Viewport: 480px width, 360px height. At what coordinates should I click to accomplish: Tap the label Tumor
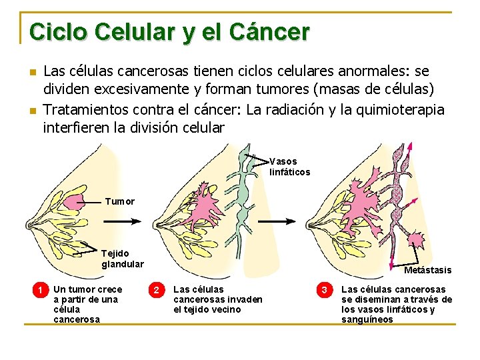click(x=120, y=201)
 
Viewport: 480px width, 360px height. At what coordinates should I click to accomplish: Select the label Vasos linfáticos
click(x=289, y=167)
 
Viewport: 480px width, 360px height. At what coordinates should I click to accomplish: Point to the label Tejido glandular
click(x=122, y=259)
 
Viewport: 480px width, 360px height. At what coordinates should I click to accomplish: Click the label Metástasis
click(x=427, y=270)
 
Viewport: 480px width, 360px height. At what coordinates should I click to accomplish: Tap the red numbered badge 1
click(x=41, y=290)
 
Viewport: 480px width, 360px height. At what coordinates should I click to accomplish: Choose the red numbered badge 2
click(x=156, y=290)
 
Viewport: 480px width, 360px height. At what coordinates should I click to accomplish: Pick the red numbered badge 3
click(x=325, y=290)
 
